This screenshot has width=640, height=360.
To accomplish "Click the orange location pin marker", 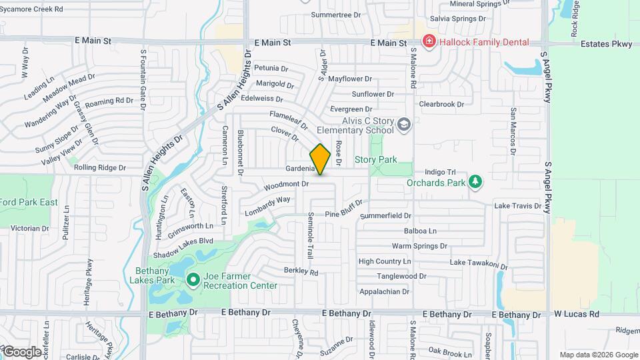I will pos(320,159).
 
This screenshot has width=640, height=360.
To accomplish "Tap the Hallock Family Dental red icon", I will pos(429,42).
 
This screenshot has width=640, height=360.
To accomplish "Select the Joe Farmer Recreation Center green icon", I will pos(193,279).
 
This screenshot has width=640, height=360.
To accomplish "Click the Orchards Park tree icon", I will pos(475,181).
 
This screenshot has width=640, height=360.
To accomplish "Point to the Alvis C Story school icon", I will pos(403,125).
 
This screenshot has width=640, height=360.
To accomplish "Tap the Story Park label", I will pos(375,160).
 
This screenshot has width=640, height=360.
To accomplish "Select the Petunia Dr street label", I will pos(271,68).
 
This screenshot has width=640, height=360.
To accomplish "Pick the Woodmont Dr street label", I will pos(287,183).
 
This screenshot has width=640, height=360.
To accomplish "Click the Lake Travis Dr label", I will pos(517,206).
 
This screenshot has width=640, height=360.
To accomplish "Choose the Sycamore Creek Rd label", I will pos(31,9).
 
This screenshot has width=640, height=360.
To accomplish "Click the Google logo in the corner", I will pos(21,351).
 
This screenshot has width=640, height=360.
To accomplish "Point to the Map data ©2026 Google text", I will pos(598,355).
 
